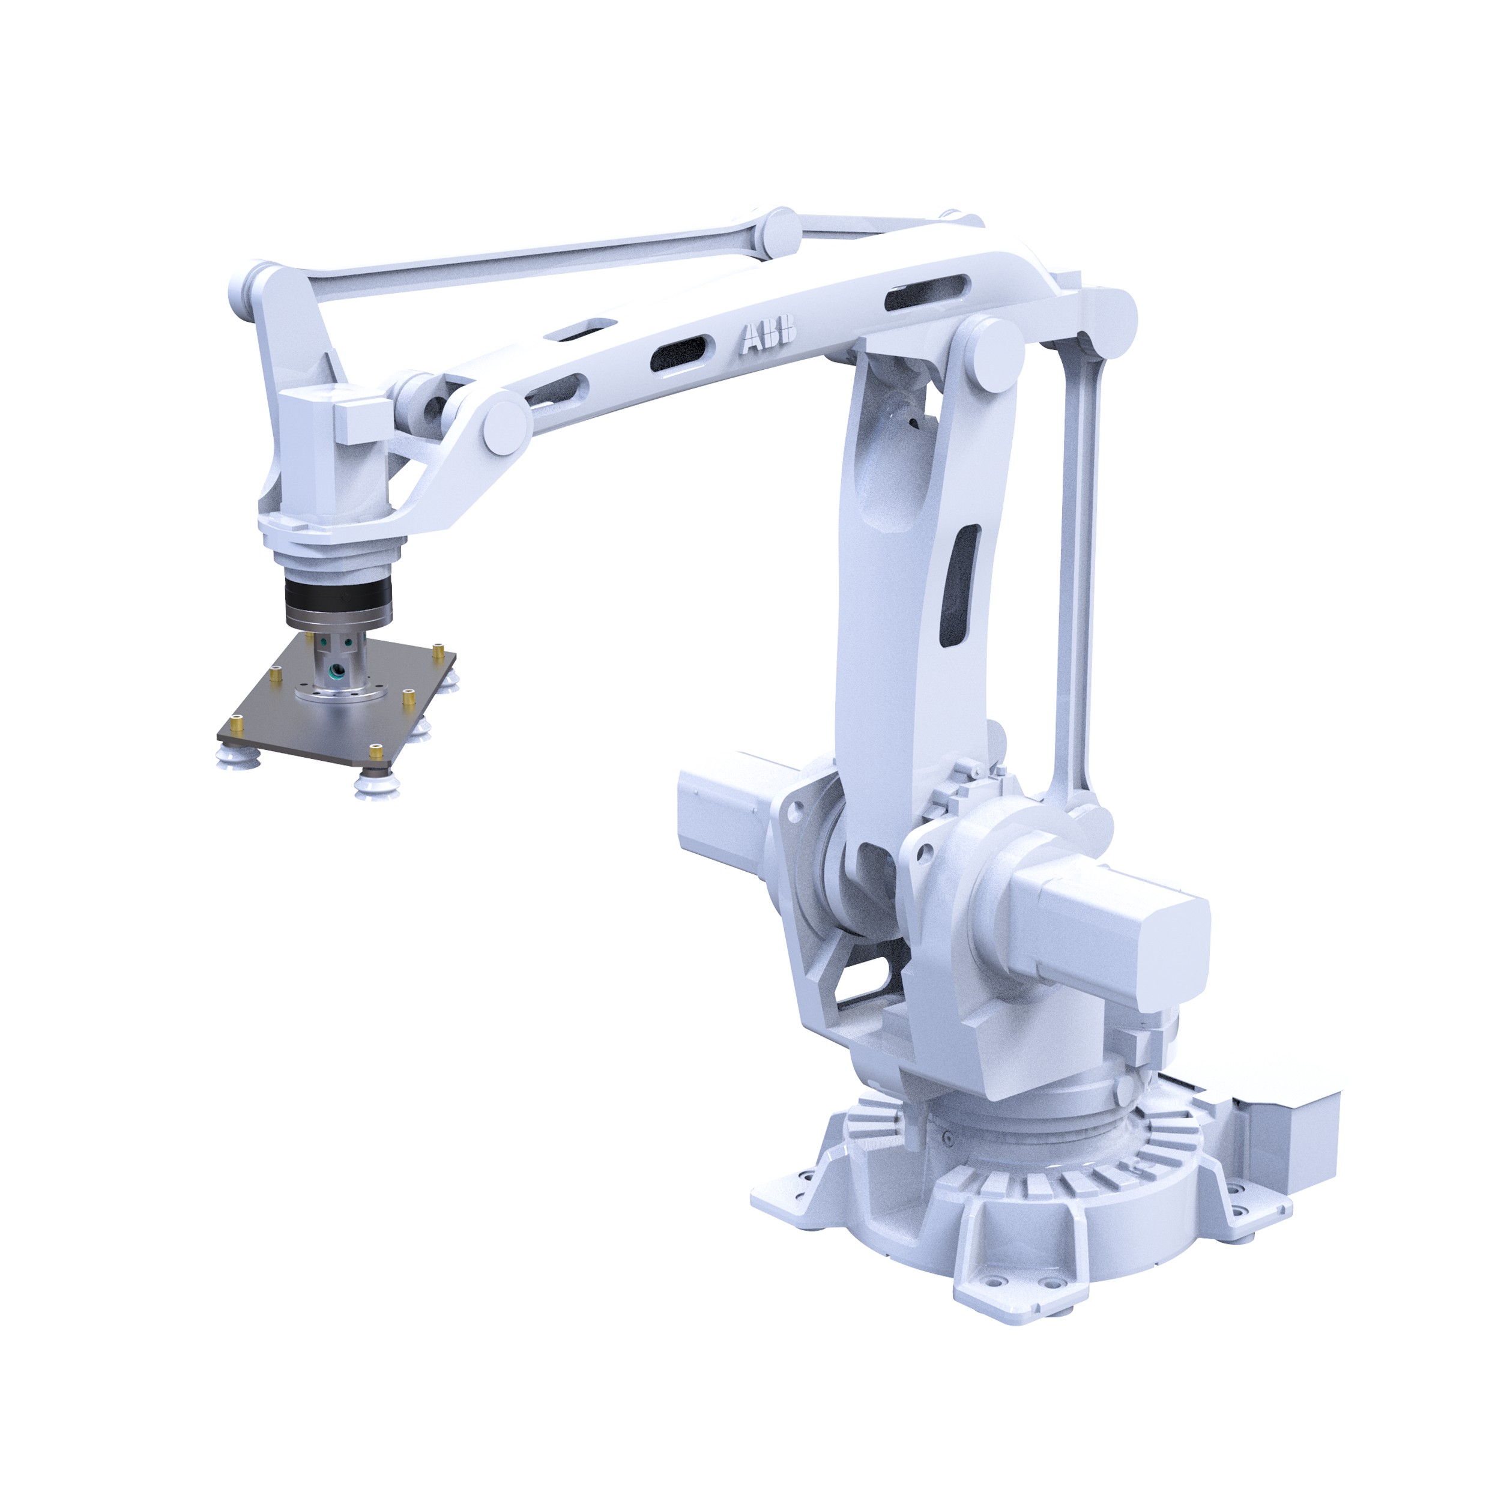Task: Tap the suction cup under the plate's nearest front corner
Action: coord(372,787)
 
